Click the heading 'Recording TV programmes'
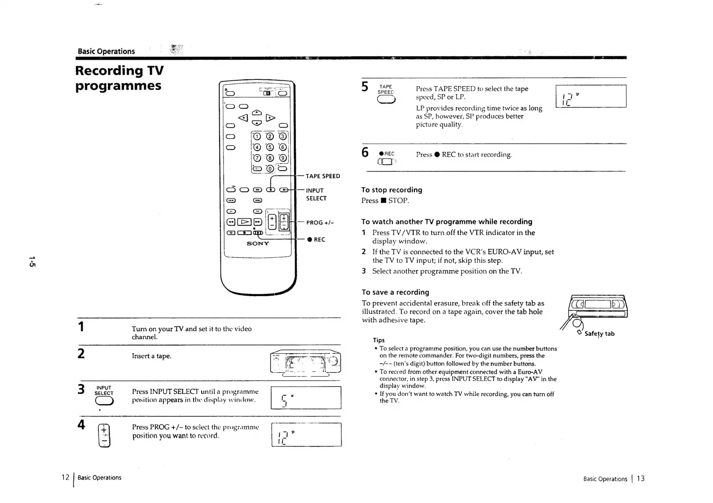tap(119, 78)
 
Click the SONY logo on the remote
tap(258, 244)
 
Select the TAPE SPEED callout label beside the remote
tap(323, 176)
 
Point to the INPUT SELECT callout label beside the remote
tap(316, 195)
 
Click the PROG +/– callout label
tap(320, 223)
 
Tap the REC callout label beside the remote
tap(316, 240)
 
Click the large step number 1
tap(81, 327)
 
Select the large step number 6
tap(365, 152)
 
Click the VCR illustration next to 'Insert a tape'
tap(306, 363)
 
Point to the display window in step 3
tap(306, 398)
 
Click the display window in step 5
tap(591, 96)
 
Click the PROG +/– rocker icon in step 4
tap(104, 435)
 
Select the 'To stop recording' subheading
tap(391, 190)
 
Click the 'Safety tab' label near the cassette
tap(599, 334)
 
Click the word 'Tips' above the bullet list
tap(379, 340)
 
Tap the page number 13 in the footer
tap(641, 478)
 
